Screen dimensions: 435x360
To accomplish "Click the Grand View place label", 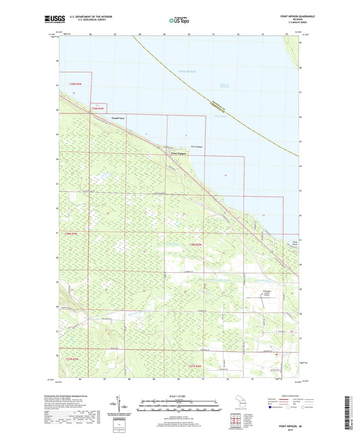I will click(x=118, y=118).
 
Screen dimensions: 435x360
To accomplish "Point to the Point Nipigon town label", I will click(x=178, y=153).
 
